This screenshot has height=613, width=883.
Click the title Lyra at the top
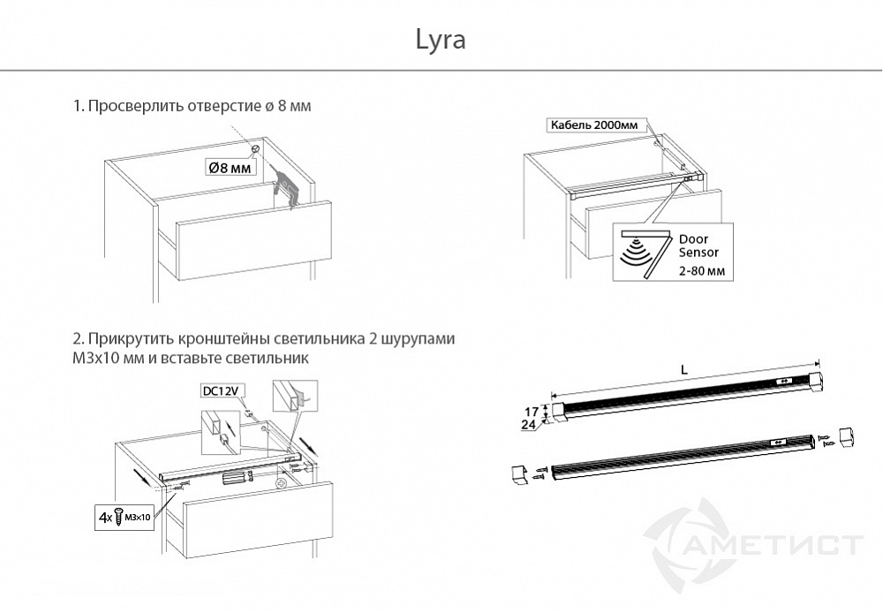tap(440, 41)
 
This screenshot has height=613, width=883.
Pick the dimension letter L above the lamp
tap(684, 371)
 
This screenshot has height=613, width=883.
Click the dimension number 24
tap(532, 425)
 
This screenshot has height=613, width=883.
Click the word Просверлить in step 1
tap(134, 106)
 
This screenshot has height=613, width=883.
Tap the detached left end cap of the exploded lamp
tap(518, 473)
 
